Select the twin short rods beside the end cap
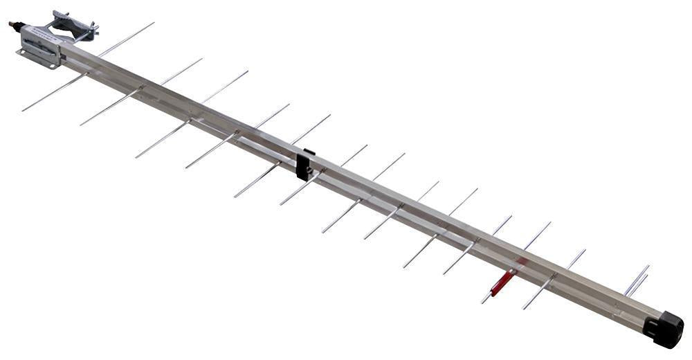(637, 280)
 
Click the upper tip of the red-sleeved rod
(550, 223)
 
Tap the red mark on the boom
(520, 263)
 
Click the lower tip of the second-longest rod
(81, 125)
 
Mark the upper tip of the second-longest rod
(202, 59)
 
